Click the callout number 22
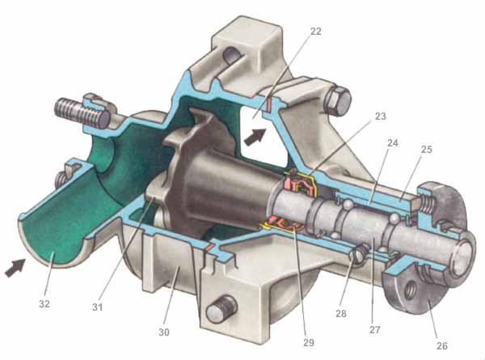pos(315,32)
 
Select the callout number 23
pos(381,116)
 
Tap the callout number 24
pos(393,143)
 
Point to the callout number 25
pos(426,150)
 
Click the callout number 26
pos(441,345)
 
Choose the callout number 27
pos(375,330)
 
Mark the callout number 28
pos(340,314)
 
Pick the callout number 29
pos(309,343)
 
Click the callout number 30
pos(164,332)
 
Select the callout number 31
pos(97,307)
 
